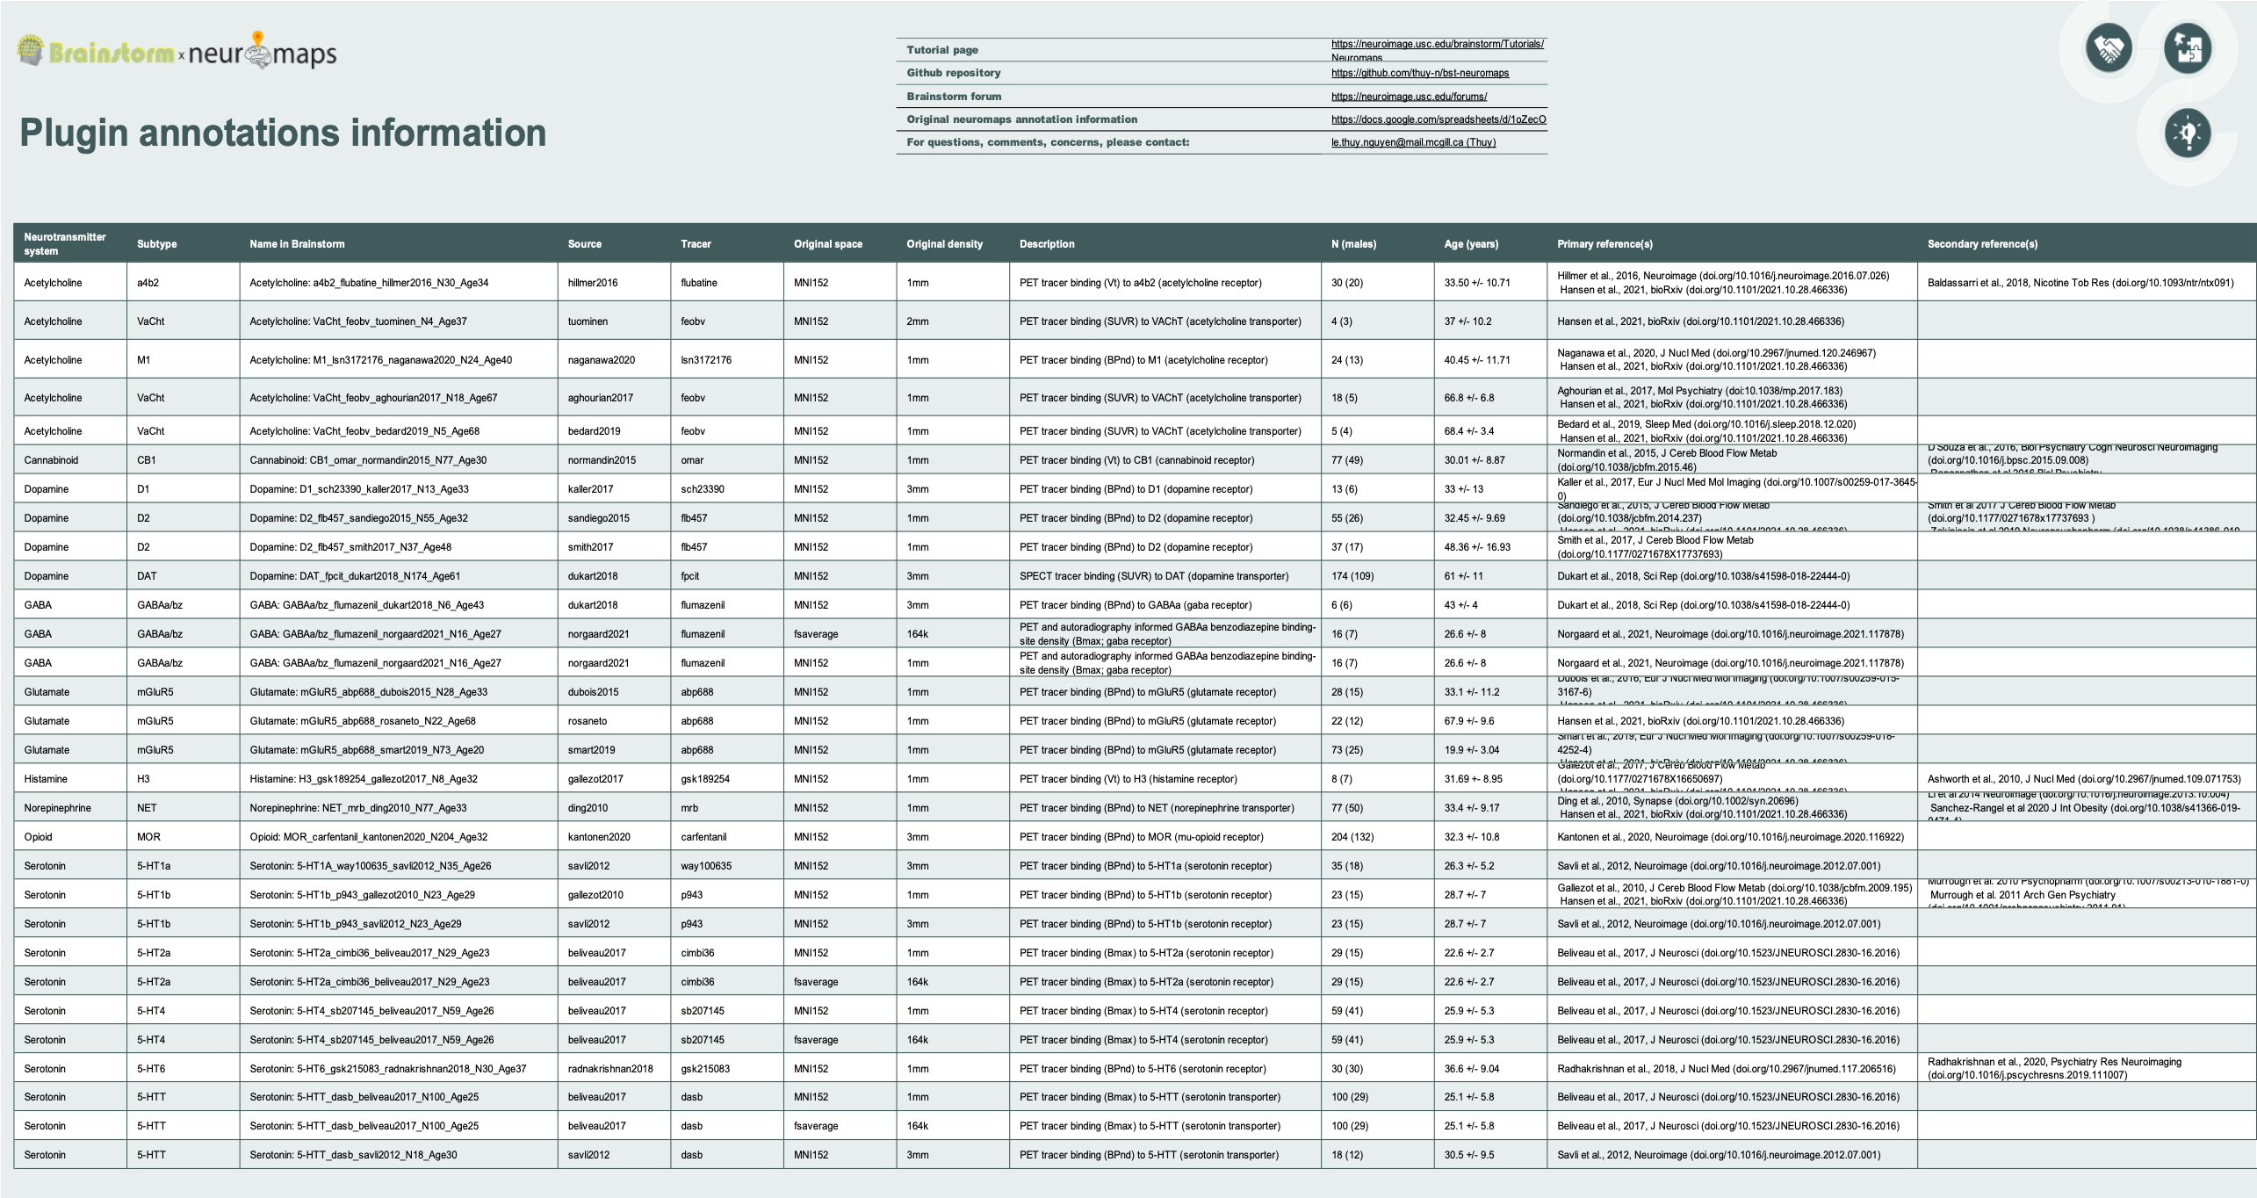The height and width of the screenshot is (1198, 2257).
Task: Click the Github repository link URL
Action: tap(1419, 73)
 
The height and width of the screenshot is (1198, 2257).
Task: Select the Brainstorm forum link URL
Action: tap(1409, 97)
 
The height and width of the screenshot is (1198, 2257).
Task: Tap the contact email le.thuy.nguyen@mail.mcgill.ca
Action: tap(1413, 142)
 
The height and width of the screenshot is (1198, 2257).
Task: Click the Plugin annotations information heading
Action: tap(283, 133)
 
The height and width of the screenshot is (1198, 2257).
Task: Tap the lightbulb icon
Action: tap(2187, 134)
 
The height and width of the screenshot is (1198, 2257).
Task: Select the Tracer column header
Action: tap(696, 244)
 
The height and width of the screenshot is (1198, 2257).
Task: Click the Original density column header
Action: tap(944, 244)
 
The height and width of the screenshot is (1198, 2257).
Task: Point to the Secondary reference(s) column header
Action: tap(1982, 244)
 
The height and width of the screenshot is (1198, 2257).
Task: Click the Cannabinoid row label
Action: tap(51, 460)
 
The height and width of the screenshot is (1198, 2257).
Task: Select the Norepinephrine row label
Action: tap(57, 808)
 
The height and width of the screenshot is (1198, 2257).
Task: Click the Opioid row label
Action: tap(38, 837)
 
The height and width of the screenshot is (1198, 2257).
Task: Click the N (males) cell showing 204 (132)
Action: tap(1352, 837)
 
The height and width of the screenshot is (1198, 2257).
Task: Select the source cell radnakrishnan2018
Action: tap(610, 1069)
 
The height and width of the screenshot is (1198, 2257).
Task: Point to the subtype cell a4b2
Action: tap(148, 283)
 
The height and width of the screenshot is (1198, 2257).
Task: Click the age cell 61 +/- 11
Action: tap(1463, 576)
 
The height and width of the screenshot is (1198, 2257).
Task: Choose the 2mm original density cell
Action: tap(918, 321)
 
